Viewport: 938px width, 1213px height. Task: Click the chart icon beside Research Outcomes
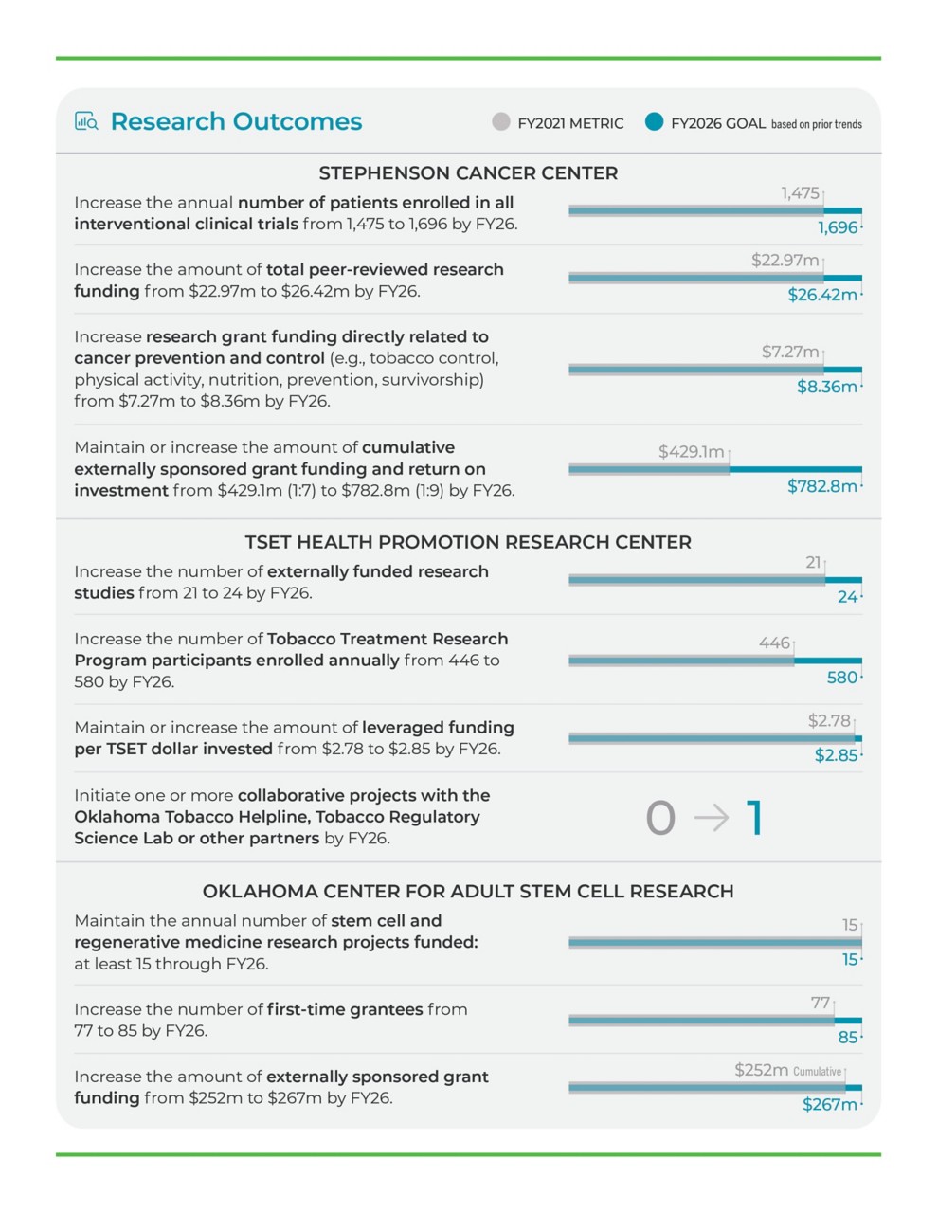pos(86,121)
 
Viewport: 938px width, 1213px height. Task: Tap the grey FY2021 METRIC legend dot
pos(500,122)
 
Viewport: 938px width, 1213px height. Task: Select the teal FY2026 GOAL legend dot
pos(654,122)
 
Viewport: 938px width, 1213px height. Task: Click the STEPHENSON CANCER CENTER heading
pos(468,173)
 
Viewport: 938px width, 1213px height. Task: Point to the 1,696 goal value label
pos(838,227)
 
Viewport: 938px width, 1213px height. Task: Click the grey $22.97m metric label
pos(785,260)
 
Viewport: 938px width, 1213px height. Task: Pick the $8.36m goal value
pos(826,387)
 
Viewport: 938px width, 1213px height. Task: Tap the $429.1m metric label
pos(691,452)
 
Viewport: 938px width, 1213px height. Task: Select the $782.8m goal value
pos(821,486)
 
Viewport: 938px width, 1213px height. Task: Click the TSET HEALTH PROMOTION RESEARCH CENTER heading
pos(468,542)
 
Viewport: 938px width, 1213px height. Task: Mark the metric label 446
pos(774,643)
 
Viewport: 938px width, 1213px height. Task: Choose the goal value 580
pos(842,678)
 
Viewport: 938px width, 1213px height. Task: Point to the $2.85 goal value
pos(836,755)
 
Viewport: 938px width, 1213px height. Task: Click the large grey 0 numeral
pos(660,818)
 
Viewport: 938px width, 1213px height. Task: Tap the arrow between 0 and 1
pos(711,817)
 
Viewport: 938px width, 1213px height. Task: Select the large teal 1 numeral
pos(754,817)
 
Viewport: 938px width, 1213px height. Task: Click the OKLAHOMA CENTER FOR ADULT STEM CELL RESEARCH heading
pos(468,891)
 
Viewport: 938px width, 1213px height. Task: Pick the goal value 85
pos(848,1038)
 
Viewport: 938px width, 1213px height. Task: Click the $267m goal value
pos(829,1105)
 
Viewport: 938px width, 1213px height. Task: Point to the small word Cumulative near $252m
pos(817,1072)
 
